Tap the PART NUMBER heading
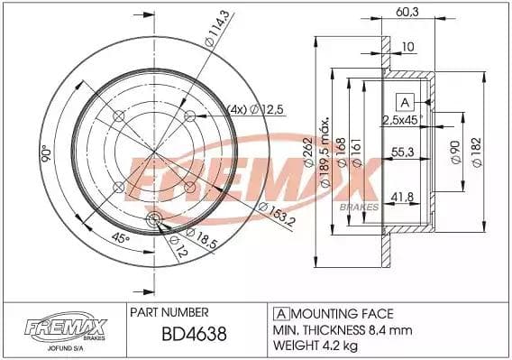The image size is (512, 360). (170, 313)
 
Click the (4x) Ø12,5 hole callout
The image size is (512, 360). (233, 109)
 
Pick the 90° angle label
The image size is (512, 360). (43, 154)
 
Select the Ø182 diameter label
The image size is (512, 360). (475, 150)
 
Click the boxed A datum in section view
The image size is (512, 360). (405, 100)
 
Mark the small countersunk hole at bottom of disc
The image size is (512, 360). (153, 220)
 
